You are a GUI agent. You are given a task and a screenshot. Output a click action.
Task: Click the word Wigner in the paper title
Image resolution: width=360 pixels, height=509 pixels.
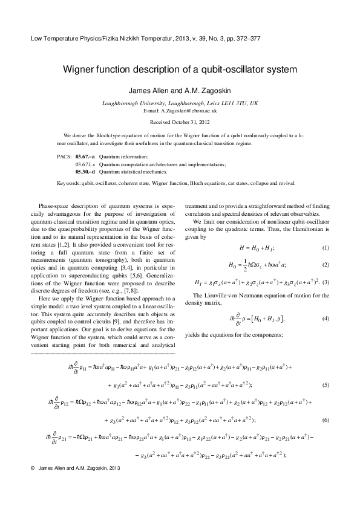82,70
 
